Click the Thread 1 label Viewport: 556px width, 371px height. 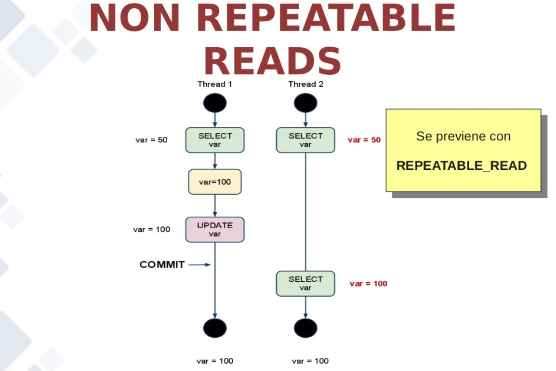[x=215, y=84]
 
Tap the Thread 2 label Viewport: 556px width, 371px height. [x=305, y=84]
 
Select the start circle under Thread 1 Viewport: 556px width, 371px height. [x=215, y=103]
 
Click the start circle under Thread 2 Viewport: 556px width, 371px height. [x=305, y=103]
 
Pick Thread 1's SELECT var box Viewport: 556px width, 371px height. [x=215, y=140]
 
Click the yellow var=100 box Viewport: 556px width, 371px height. [x=215, y=182]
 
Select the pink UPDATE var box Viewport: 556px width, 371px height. [x=215, y=229]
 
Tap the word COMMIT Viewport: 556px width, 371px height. [x=162, y=264]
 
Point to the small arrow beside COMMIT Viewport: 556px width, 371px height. [x=200, y=264]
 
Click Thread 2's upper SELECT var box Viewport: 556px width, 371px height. [x=305, y=140]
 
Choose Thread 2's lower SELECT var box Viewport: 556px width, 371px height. [x=305, y=283]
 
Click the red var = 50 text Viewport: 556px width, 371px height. [x=364, y=140]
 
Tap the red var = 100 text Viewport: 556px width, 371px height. [x=368, y=283]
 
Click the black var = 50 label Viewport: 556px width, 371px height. [x=151, y=140]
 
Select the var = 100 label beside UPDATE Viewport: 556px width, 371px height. [x=151, y=229]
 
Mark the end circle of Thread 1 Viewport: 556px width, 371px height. [x=215, y=328]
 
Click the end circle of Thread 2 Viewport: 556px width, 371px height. [x=305, y=328]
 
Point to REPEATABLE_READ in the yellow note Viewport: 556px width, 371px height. [x=462, y=166]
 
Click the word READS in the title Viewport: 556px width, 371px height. [x=272, y=61]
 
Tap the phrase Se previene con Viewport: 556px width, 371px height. [x=463, y=136]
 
